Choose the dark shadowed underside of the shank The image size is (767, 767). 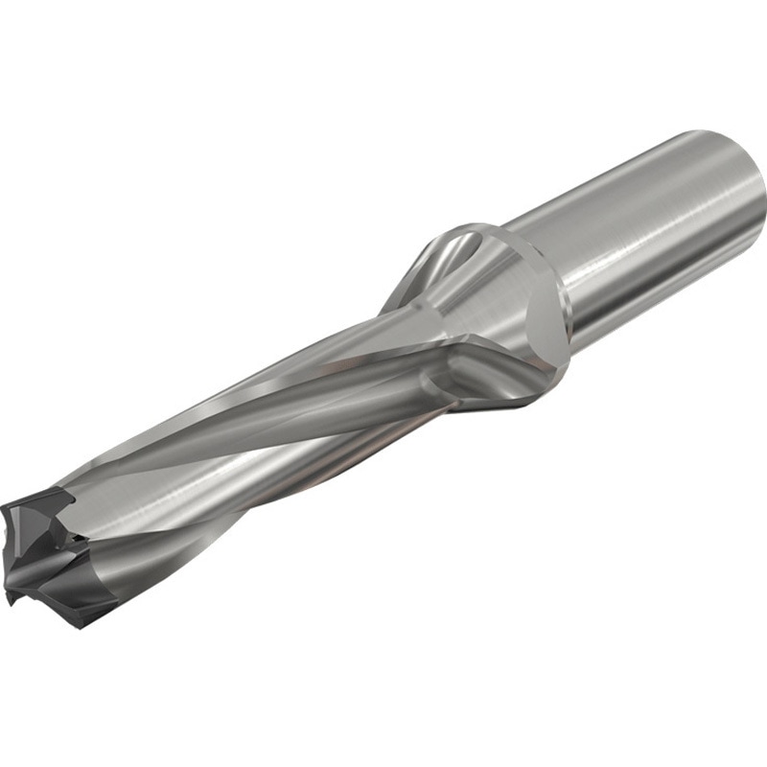[x=671, y=297]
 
